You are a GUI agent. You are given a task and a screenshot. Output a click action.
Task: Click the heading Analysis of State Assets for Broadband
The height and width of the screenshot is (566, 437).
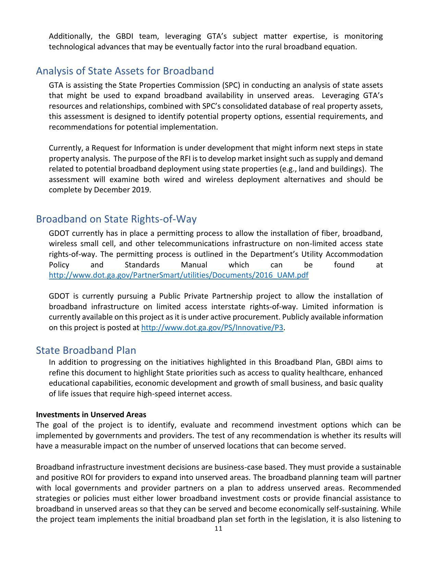tap(125, 71)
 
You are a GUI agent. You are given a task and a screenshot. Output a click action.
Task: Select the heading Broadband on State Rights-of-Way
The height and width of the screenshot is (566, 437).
tap(116, 219)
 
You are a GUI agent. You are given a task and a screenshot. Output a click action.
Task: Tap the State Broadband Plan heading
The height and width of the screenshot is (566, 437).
tap(86, 350)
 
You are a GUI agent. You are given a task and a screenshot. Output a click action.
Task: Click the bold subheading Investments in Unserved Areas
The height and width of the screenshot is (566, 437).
tap(91, 415)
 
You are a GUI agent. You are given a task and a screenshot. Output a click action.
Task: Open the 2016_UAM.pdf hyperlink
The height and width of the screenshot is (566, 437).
tap(179, 275)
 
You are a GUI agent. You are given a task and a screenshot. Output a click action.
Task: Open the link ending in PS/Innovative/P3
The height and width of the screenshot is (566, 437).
tap(212, 328)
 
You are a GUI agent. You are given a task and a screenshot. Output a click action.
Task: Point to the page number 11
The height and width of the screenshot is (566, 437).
tap(218, 529)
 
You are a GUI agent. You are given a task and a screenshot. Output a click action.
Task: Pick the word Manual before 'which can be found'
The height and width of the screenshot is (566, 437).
tap(194, 265)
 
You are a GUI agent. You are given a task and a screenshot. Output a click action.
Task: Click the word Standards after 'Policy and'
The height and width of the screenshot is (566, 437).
tap(142, 265)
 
